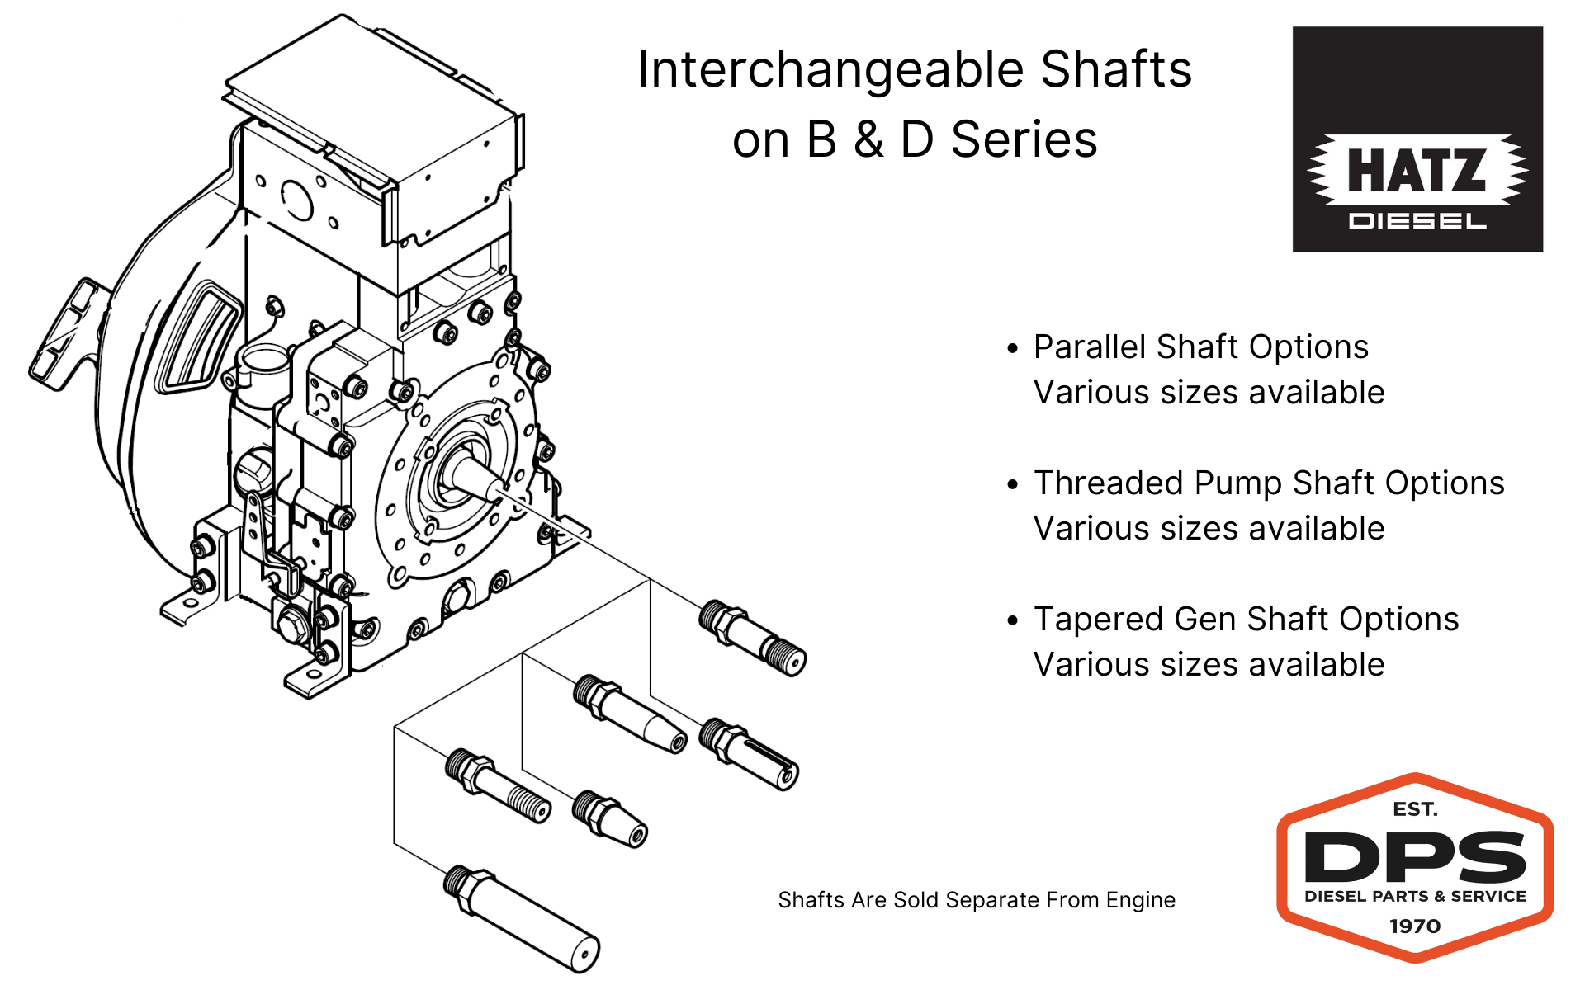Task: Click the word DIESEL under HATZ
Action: click(x=1417, y=221)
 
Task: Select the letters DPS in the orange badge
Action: click(x=1415, y=857)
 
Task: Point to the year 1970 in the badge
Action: click(x=1415, y=926)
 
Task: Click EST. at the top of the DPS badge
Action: click(x=1415, y=809)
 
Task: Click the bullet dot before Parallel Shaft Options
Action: click(x=1013, y=348)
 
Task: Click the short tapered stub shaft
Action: click(x=611, y=818)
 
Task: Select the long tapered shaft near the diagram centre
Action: click(x=632, y=714)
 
